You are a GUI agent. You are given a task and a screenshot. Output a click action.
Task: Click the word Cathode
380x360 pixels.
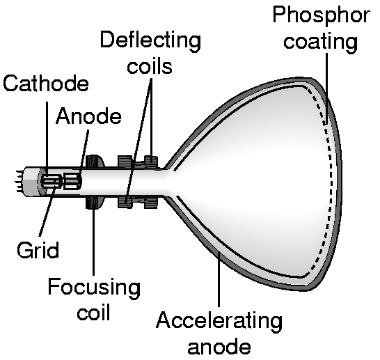46,83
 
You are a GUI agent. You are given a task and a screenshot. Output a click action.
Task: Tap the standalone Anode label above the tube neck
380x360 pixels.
88,116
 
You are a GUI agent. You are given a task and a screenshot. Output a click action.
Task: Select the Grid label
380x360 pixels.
38,250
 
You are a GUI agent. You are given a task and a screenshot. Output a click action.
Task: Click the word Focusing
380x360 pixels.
94,288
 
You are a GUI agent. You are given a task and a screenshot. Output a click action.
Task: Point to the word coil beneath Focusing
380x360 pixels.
93,312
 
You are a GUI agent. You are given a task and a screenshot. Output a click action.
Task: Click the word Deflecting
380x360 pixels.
150,40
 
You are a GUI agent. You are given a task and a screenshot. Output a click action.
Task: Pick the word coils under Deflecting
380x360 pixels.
150,65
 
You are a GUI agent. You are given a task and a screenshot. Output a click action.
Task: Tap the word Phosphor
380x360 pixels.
322,15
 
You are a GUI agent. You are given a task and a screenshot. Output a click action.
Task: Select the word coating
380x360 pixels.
320,42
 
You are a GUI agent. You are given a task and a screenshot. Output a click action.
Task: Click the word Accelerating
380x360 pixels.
219,321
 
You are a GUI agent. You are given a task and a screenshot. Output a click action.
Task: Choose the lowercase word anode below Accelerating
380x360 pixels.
219,347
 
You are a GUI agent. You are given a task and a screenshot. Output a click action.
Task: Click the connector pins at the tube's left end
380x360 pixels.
19,181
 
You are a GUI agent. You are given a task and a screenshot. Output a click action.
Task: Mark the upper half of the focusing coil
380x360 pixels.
95,161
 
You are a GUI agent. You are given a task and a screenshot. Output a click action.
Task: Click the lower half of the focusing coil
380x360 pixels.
94,203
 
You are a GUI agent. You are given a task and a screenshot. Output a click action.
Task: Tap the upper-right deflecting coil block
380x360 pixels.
151,162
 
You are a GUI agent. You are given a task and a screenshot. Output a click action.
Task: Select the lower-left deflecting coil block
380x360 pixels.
125,202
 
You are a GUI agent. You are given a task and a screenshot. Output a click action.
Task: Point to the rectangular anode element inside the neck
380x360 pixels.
72,181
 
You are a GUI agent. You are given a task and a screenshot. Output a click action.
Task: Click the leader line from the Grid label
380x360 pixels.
47,212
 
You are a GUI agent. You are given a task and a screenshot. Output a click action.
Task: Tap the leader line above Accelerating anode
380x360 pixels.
219,279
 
